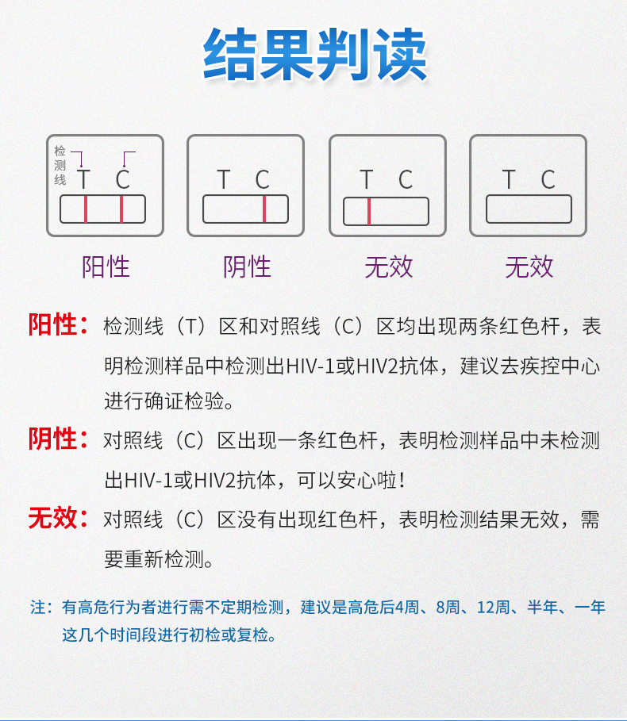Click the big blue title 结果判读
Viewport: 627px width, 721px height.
coord(315,56)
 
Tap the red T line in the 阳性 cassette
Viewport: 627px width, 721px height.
coord(85,209)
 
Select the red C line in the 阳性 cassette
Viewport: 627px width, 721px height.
coord(121,209)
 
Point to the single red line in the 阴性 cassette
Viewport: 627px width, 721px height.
coord(264,209)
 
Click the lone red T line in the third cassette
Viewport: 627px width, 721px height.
coord(369,211)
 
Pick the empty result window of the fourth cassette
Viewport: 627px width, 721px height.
coord(529,209)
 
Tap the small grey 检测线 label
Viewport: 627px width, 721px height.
coord(60,165)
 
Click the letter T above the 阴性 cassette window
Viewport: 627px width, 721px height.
coord(224,180)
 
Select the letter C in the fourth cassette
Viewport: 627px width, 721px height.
coord(548,180)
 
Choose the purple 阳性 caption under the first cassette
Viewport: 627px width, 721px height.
coord(106,267)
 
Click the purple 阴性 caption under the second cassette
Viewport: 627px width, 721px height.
coord(247,267)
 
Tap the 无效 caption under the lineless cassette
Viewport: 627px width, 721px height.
coord(529,267)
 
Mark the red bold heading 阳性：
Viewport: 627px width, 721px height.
coord(59,325)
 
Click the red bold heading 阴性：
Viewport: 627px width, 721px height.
coord(59,439)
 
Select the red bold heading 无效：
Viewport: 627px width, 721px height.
coord(59,519)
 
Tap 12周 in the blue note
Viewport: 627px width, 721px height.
coord(493,608)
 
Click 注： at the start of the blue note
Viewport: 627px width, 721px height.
coord(41,608)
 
